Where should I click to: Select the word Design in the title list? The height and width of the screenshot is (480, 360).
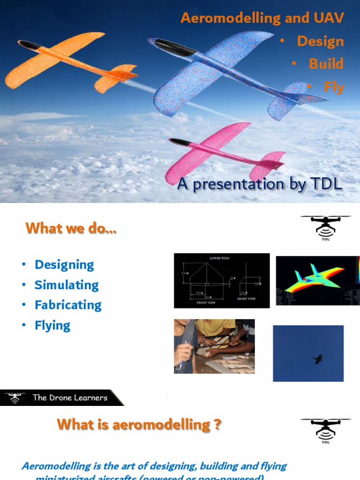tap(320, 41)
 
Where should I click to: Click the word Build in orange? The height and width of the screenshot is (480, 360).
tap(326, 64)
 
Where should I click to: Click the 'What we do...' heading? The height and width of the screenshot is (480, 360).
tap(71, 228)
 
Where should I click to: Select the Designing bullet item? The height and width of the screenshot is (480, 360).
tap(64, 265)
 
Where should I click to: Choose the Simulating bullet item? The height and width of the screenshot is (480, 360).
tap(67, 285)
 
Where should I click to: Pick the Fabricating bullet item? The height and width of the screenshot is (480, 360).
tap(68, 305)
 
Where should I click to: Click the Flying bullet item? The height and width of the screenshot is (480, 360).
tap(52, 325)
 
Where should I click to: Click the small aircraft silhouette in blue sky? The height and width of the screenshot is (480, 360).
tap(318, 359)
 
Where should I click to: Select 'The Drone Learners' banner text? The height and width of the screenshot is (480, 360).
tap(70, 398)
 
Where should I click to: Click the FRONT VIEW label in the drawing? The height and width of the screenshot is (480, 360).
tap(205, 303)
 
